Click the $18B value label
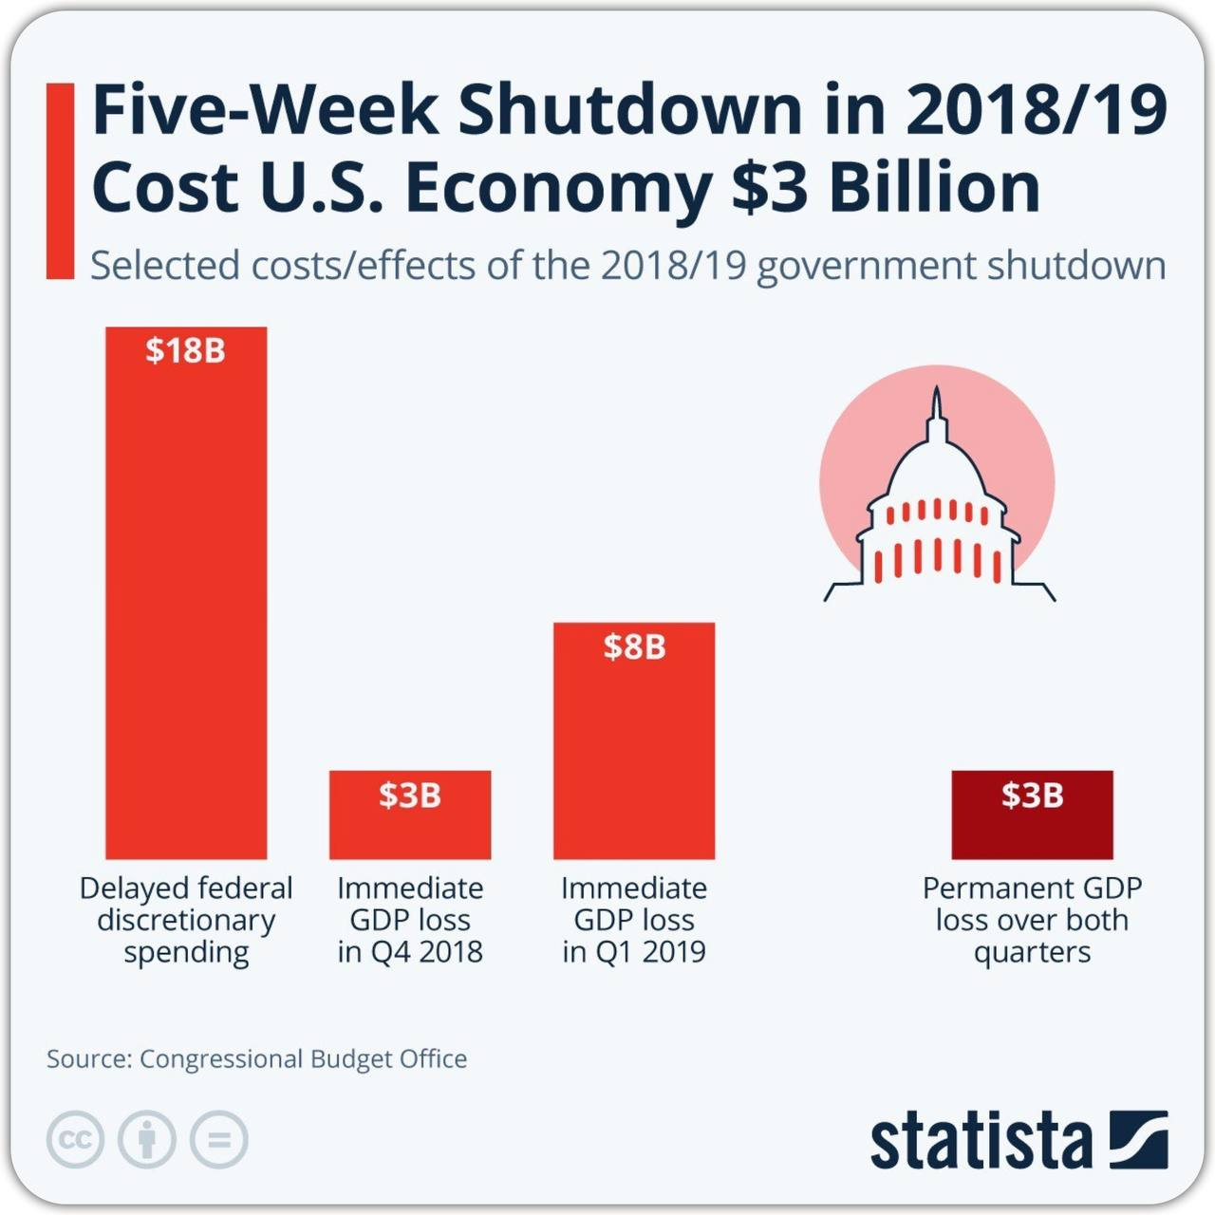tap(185, 350)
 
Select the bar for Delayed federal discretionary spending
tap(186, 607)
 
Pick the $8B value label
tap(634, 646)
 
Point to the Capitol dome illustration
tap(938, 503)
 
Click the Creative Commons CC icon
tap(75, 1138)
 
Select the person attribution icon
tap(146, 1138)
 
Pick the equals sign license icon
tap(218, 1138)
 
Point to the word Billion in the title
tap(935, 187)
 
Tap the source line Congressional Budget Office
tap(303, 1058)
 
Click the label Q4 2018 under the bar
tap(426, 951)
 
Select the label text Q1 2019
tap(650, 951)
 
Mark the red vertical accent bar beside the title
tap(60, 180)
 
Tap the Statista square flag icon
tap(1137, 1139)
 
